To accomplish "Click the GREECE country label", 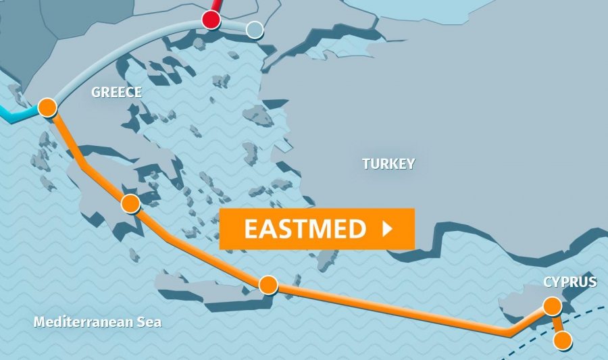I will pyautogui.click(x=116, y=93).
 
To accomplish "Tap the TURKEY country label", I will pyautogui.click(x=388, y=163).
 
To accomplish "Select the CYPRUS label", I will pyautogui.click(x=570, y=282).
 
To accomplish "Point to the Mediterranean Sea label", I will pyautogui.click(x=97, y=322).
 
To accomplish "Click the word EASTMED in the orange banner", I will pyautogui.click(x=305, y=229).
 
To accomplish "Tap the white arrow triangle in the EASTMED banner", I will pyautogui.click(x=387, y=229).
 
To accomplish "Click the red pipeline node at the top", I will pyautogui.click(x=211, y=20).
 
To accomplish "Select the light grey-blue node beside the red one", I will pyautogui.click(x=255, y=30).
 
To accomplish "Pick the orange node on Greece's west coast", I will pyautogui.click(x=47, y=107).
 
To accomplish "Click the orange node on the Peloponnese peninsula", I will pyautogui.click(x=130, y=203).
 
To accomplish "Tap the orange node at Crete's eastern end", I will pyautogui.click(x=268, y=285).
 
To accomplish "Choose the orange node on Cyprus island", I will pyautogui.click(x=552, y=307).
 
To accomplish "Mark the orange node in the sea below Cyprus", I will pyautogui.click(x=562, y=340).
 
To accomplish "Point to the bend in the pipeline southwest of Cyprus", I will pyautogui.click(x=511, y=332).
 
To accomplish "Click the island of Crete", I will pyautogui.click(x=203, y=287).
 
